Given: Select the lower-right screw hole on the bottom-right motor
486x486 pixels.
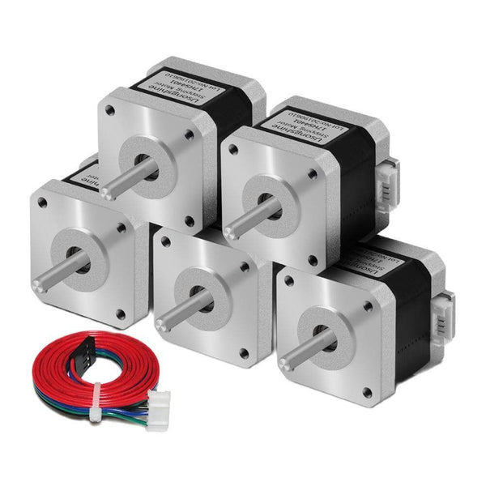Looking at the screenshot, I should [367, 392].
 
